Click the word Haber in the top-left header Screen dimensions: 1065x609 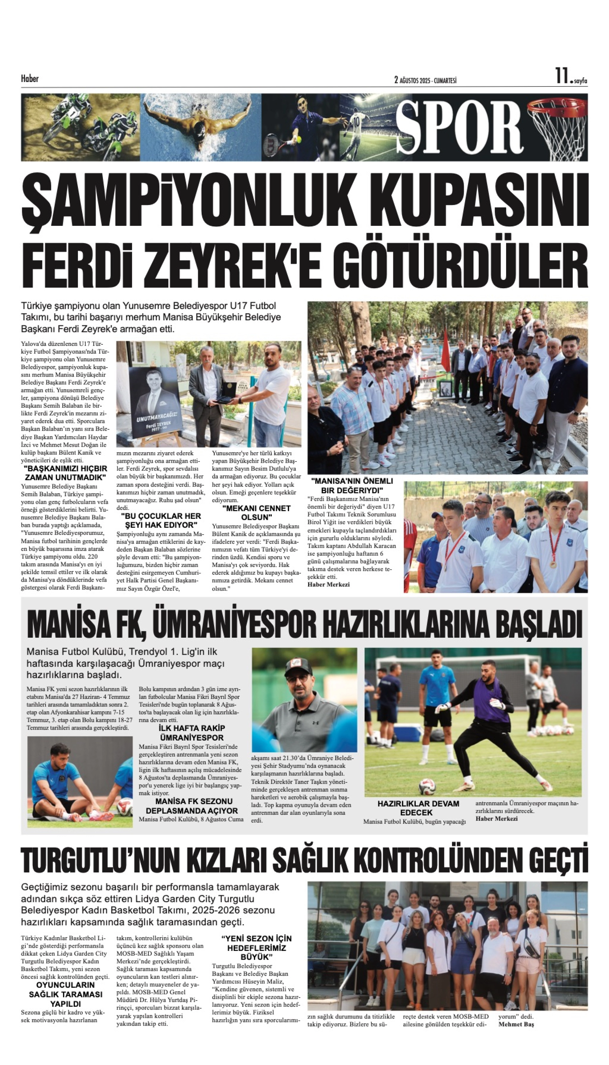[30, 78]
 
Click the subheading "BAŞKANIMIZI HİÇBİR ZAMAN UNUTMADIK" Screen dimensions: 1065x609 [66, 473]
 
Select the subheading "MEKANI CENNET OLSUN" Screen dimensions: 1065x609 [256, 512]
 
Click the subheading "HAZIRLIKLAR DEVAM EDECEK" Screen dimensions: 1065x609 [418, 808]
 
